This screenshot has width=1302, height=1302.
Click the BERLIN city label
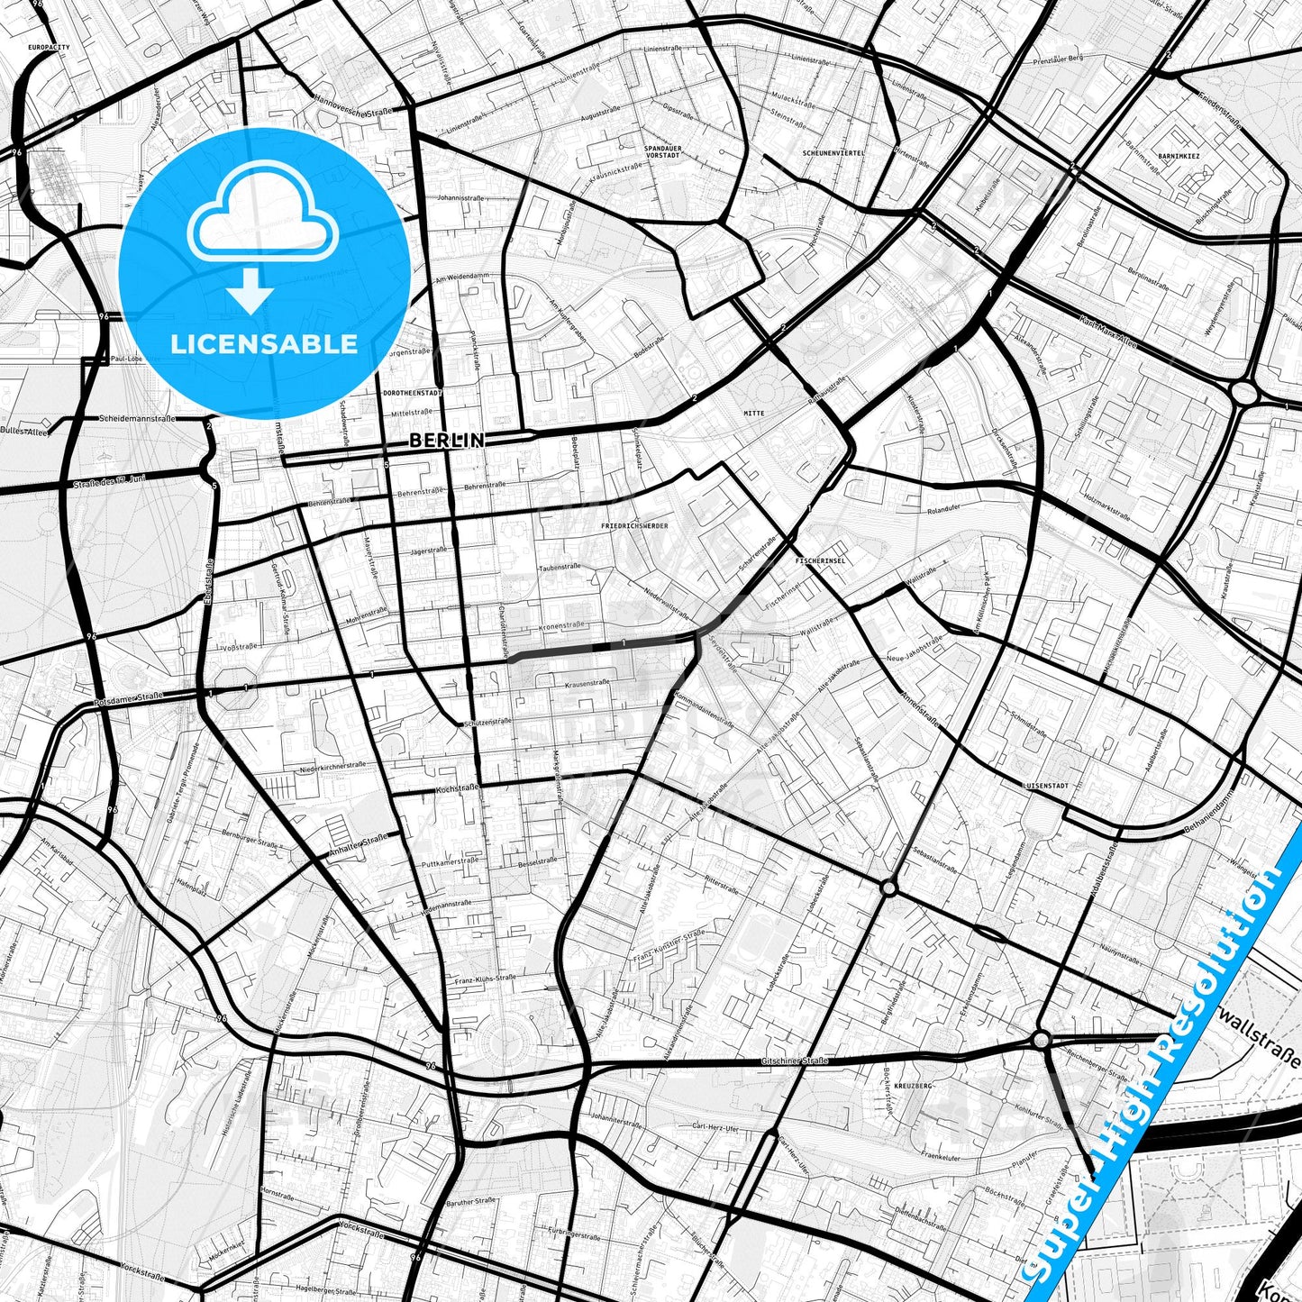tap(446, 441)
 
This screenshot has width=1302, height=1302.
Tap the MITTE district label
tap(753, 414)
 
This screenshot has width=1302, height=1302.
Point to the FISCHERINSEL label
tap(820, 560)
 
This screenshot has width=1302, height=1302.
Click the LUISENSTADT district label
tap(1045, 786)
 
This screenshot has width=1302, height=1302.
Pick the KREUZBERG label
tap(914, 1087)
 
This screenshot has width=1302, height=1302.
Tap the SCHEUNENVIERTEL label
tap(833, 153)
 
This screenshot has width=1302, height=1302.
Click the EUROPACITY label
tap(49, 47)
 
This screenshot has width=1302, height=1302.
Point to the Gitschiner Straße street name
tap(795, 1061)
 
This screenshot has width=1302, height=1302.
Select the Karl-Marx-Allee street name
tap(1112, 330)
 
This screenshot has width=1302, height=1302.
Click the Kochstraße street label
tap(456, 788)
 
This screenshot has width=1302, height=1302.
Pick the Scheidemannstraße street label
tap(137, 419)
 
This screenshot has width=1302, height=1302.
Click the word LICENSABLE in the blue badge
tap(264, 344)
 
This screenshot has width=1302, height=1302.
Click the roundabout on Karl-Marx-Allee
tap(1243, 392)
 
